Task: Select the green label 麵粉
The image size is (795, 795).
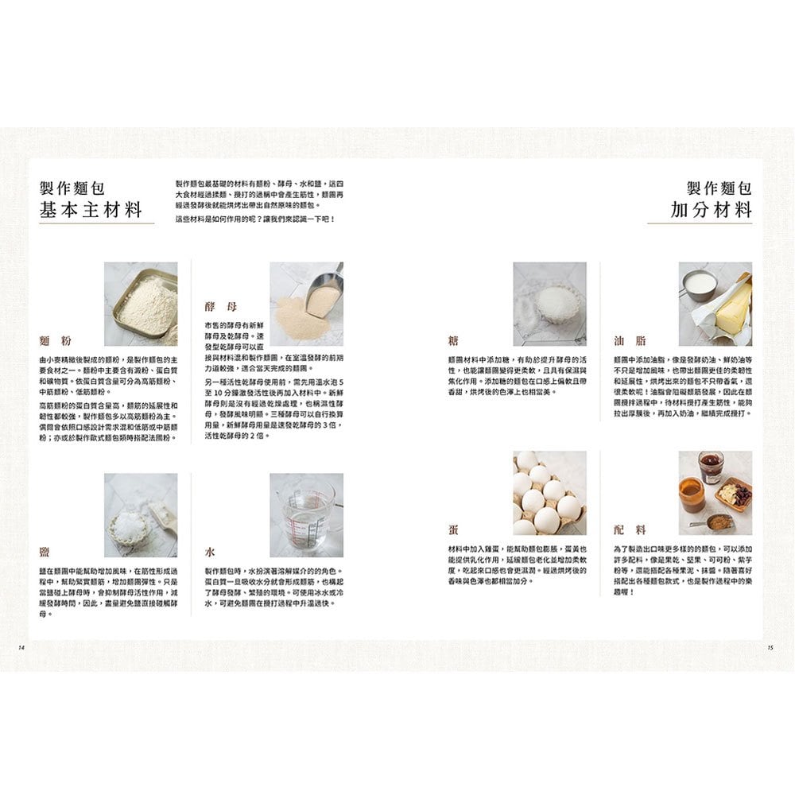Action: point(55,341)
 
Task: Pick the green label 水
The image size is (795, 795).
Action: point(210,551)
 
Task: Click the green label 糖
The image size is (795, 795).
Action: point(454,341)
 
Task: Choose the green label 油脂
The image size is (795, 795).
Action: point(630,341)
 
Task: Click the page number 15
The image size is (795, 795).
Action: point(770,647)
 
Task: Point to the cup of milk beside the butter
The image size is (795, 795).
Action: point(698,284)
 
